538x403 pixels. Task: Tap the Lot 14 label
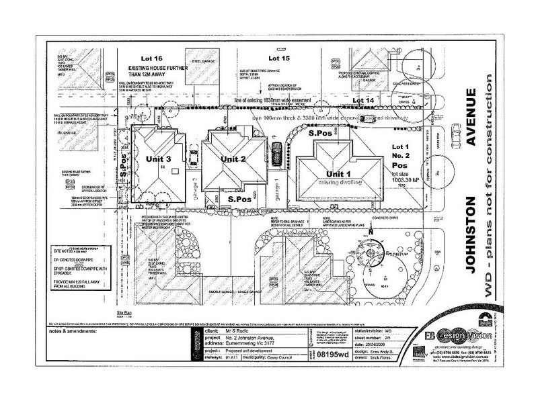(364, 101)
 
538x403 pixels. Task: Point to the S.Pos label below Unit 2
(239, 199)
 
